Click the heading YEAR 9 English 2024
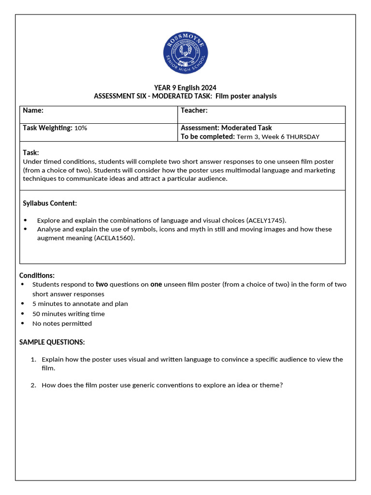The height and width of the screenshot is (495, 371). click(x=185, y=87)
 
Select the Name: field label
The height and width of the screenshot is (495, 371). click(x=33, y=111)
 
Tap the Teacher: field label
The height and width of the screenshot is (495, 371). click(x=194, y=111)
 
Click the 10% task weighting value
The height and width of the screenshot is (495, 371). click(x=81, y=128)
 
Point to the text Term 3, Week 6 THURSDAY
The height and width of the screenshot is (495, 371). click(x=278, y=137)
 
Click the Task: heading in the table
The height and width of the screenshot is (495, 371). click(x=31, y=152)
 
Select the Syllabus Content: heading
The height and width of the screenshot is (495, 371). click(x=50, y=203)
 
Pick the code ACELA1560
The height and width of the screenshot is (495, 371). click(x=114, y=238)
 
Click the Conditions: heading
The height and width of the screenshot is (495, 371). click(x=37, y=275)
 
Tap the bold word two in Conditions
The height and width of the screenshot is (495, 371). click(x=102, y=284)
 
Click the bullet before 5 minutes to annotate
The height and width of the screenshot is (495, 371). click(x=22, y=304)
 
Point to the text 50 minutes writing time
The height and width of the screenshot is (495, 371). click(x=68, y=314)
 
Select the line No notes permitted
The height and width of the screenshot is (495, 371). click(x=62, y=323)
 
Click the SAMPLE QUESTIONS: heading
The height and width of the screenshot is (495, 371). click(x=52, y=342)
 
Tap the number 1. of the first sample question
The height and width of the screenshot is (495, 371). click(x=33, y=360)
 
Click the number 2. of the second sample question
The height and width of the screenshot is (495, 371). click(x=33, y=385)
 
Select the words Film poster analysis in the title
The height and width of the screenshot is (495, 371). click(x=246, y=96)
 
